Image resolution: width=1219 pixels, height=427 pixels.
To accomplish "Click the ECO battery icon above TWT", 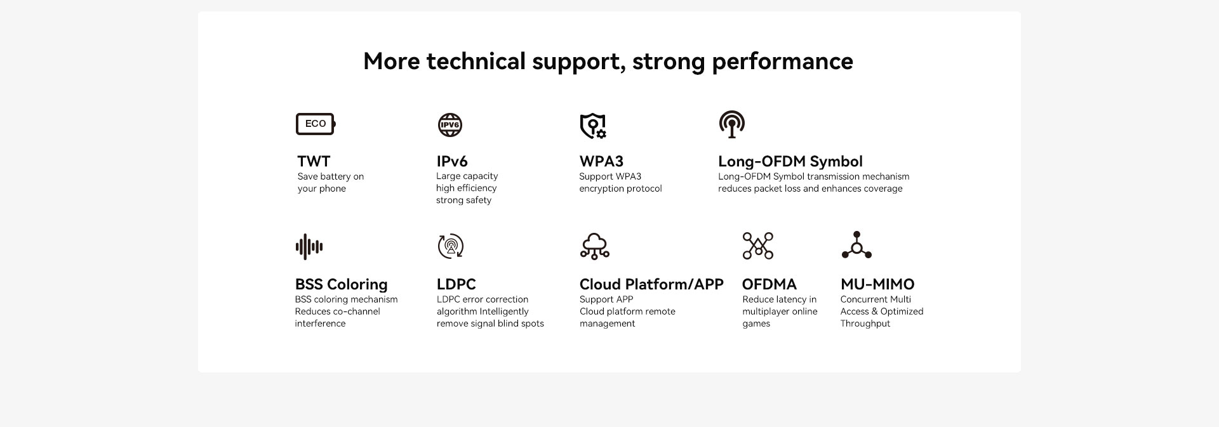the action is pos(316,124).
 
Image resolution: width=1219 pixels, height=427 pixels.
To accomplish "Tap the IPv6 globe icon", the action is pos(450,125).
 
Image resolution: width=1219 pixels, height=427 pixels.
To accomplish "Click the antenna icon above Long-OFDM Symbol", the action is pos(731,124).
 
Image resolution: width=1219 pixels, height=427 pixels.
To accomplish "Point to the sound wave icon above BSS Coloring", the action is pos(309,247).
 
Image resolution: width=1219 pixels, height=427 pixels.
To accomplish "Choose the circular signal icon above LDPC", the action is pos(451,246).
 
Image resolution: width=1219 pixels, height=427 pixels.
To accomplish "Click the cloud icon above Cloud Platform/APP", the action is pos(595,246).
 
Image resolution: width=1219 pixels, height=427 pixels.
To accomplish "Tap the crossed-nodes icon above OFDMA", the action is pos(758,246).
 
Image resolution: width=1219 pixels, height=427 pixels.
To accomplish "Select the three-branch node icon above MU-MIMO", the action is pos(856,245).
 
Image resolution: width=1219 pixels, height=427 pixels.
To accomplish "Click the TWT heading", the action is pos(314,161).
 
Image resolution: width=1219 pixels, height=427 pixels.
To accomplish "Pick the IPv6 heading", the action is pos(452,161).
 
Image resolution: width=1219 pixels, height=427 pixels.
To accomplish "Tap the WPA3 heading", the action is pos(601,161).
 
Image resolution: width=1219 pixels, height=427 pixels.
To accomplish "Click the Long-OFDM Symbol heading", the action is pos(790,162).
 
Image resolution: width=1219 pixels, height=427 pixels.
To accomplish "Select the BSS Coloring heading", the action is pos(341,285).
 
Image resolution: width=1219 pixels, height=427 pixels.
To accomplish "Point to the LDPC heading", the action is pos(456,284).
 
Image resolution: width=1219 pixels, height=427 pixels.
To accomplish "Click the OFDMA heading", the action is pos(769,284).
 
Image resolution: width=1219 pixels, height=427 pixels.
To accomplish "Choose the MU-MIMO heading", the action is pos(877,284).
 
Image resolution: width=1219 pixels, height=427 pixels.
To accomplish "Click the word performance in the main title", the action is pos(782,62).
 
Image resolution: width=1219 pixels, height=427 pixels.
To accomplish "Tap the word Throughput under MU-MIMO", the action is pos(865,324).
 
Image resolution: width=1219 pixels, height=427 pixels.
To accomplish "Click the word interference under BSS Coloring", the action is pos(320,324).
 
